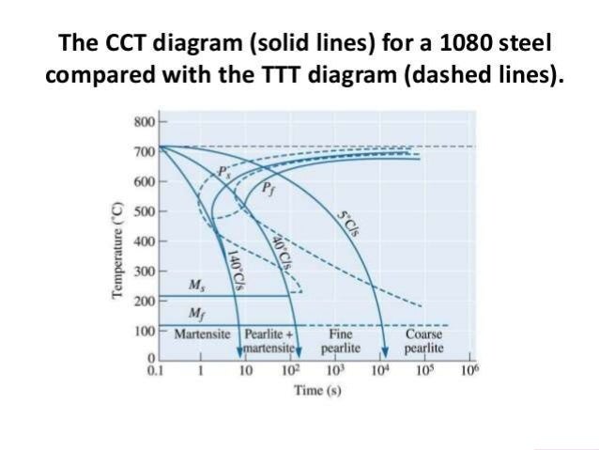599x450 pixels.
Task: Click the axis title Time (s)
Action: (316, 389)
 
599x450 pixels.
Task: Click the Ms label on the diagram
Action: (194, 285)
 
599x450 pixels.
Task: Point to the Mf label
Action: (194, 313)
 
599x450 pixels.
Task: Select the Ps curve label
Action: (223, 172)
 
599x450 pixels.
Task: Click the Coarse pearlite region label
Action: (424, 340)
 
